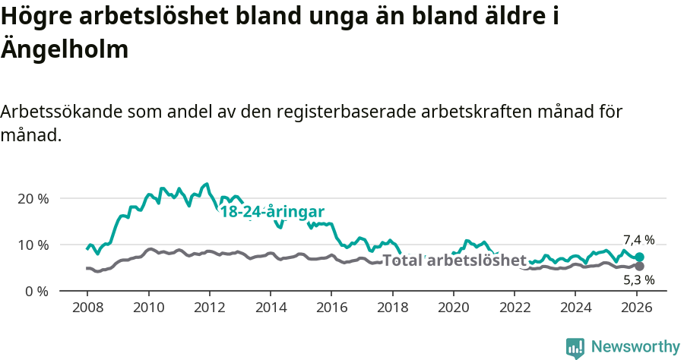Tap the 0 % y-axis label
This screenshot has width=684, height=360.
(36, 291)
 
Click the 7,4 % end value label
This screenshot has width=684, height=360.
(638, 240)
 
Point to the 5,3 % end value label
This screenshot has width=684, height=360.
(638, 280)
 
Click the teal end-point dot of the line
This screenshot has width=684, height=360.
(640, 257)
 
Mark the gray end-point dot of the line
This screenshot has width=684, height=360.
(640, 267)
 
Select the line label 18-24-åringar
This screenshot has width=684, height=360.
(272, 212)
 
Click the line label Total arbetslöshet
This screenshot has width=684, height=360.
(454, 261)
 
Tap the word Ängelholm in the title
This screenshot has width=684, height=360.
(65, 49)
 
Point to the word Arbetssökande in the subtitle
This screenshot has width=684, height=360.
(62, 112)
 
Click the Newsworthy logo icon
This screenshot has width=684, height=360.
(575, 347)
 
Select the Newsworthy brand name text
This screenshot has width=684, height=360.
(635, 347)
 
